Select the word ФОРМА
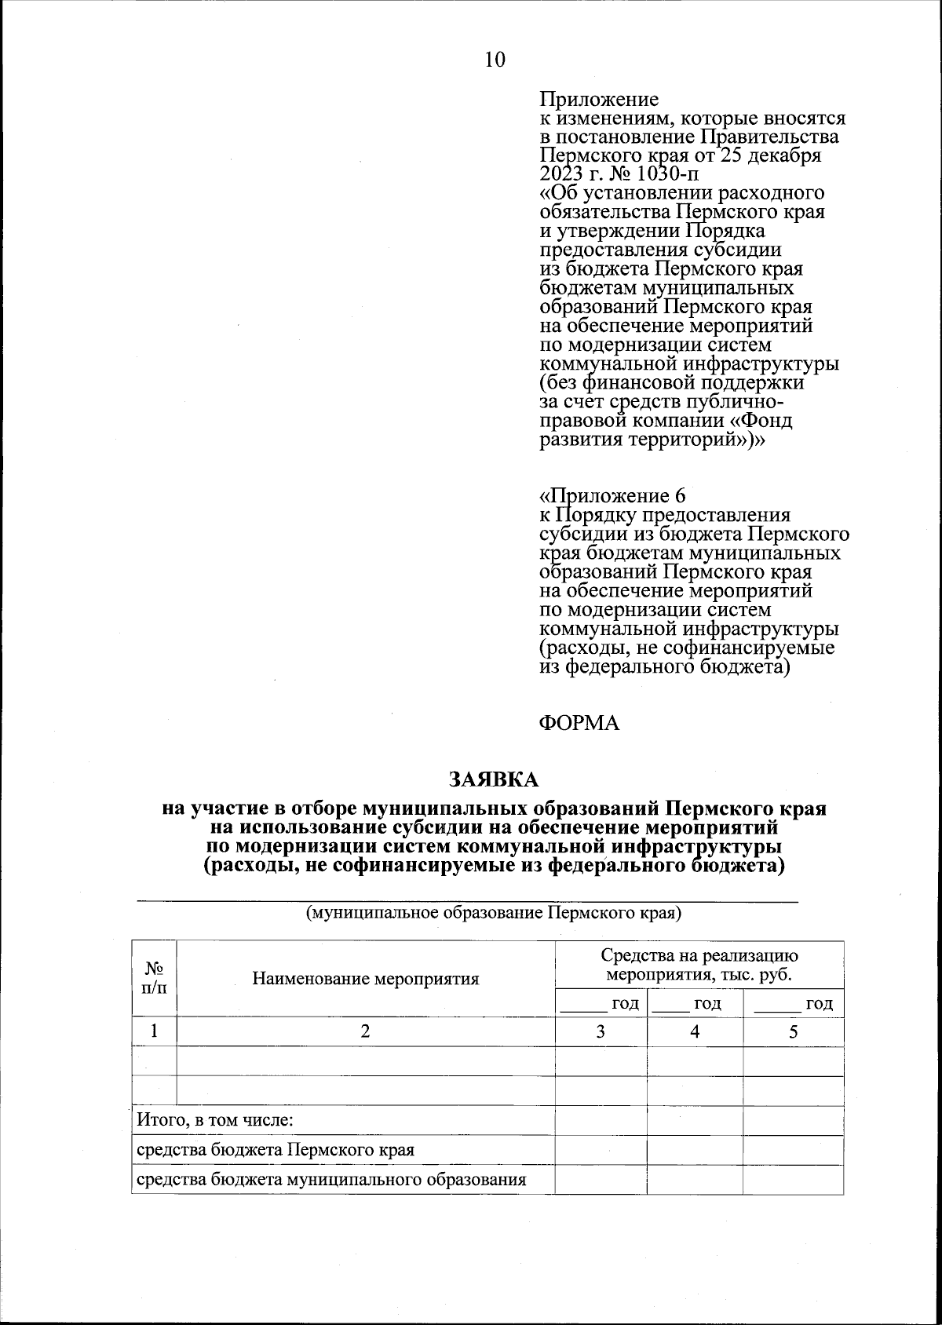[579, 723]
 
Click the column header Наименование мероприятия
[365, 979]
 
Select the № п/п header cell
[154, 978]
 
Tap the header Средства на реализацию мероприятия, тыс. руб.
[699, 965]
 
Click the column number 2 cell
[365, 1031]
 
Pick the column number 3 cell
[601, 1031]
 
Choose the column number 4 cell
[695, 1031]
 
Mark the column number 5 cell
[793, 1031]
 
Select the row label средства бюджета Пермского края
[276, 1150]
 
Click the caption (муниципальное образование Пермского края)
[493, 913]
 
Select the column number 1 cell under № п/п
[154, 1031]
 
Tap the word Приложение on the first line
[599, 100]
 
